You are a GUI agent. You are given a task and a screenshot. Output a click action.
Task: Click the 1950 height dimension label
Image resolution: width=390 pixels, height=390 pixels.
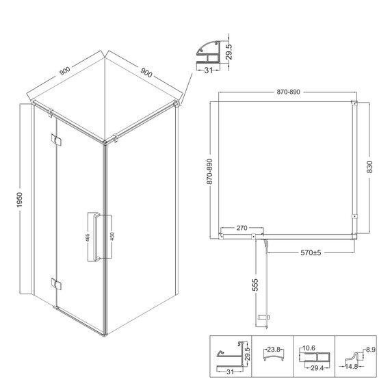[x=19, y=200]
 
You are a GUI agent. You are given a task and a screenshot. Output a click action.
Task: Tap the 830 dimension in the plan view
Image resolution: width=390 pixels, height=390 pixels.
[x=369, y=167]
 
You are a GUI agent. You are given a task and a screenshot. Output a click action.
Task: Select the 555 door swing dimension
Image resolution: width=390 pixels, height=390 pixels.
[x=255, y=285]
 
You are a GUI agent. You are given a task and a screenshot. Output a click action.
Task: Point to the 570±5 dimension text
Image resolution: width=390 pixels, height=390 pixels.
[x=311, y=252]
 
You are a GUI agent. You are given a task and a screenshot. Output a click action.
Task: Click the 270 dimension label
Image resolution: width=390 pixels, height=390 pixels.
[x=242, y=228]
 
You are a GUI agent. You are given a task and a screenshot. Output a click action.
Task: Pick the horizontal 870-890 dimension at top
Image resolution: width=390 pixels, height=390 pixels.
[x=288, y=92]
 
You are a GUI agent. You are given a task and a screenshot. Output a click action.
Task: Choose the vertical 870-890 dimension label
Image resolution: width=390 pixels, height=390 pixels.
[x=209, y=172]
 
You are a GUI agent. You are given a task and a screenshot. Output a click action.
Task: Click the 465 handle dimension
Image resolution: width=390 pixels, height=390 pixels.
[x=88, y=237]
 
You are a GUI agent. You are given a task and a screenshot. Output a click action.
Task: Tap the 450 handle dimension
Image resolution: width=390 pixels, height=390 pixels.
[x=112, y=236]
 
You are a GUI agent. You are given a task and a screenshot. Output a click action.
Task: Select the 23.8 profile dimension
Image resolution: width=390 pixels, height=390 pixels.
[x=274, y=350]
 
